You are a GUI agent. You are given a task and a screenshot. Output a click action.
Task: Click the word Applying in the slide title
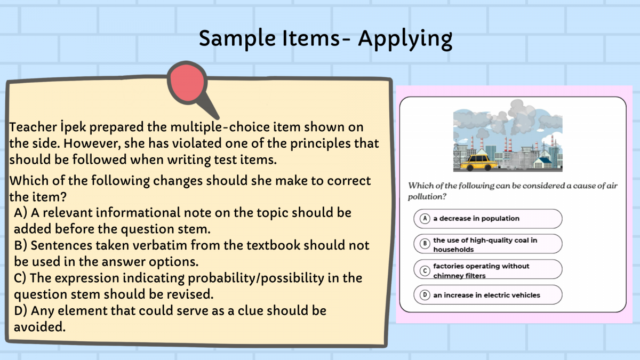[405, 39]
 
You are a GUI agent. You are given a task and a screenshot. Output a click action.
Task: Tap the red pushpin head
[187, 83]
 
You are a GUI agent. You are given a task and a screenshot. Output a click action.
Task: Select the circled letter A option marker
[425, 219]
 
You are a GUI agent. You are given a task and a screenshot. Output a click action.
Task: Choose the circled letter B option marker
[425, 244]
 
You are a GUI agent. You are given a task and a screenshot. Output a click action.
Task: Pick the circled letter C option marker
[425, 270]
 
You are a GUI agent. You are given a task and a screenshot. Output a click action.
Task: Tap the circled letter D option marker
[425, 295]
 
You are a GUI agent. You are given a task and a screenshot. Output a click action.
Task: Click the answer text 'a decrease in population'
[476, 219]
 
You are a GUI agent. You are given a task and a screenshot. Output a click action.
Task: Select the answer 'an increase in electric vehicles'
[486, 295]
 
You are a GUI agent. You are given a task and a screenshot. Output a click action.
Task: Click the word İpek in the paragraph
[73, 127]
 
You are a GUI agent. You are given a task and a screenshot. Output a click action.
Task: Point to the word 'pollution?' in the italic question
[427, 197]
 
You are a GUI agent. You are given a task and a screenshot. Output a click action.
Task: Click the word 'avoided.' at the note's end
[39, 327]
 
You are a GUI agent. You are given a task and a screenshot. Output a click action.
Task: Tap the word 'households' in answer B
[453, 250]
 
